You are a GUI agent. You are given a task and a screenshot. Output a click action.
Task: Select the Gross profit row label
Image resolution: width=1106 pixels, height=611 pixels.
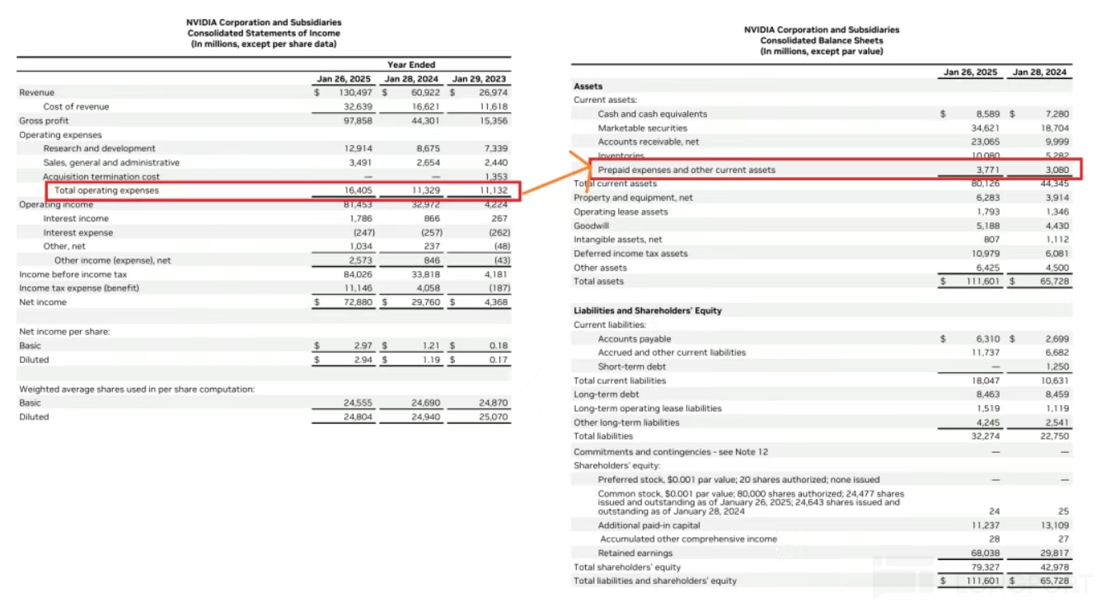coord(45,120)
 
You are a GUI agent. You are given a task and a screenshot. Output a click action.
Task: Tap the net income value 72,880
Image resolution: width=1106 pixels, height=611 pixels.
coord(356,302)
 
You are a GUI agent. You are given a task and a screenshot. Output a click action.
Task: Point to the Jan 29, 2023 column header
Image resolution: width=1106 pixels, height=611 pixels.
coord(480,79)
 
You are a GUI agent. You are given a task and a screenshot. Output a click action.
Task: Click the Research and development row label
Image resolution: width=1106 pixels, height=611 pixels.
coord(99,148)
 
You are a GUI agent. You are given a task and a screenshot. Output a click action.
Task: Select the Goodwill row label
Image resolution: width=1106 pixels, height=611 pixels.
coord(590,225)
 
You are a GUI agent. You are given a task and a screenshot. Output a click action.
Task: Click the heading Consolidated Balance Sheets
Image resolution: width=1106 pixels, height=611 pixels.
coord(821,40)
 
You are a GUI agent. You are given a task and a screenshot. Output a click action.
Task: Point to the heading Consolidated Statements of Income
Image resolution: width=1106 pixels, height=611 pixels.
coord(263,33)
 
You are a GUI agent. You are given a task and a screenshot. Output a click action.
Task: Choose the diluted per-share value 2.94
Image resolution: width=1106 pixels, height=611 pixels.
coord(363,360)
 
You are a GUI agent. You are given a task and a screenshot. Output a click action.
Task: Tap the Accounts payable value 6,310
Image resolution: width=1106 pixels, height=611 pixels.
coord(986,338)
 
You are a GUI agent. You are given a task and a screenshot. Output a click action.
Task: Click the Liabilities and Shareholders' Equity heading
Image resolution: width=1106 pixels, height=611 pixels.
coord(647,310)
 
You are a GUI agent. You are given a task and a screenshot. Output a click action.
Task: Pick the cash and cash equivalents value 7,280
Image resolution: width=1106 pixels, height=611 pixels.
coord(1056,114)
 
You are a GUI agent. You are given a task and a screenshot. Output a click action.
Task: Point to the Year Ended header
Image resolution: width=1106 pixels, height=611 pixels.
coord(410,64)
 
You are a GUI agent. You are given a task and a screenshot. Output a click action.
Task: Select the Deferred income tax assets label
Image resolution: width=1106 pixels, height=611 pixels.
coord(630,254)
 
